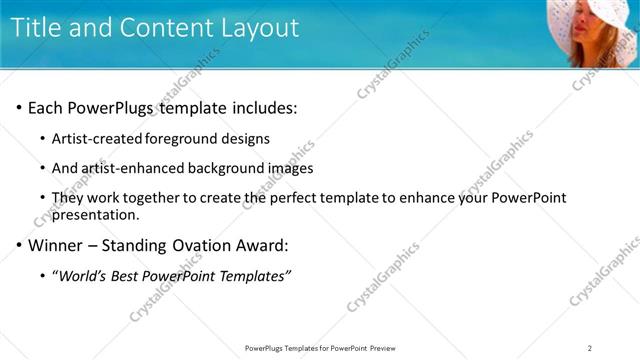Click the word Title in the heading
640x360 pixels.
tap(39, 27)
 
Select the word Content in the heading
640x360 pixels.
tap(163, 27)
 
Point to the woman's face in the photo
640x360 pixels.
tap(588, 39)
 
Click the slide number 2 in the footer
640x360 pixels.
tap(590, 348)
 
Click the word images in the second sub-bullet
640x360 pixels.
tap(291, 169)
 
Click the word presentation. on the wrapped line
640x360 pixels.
tap(95, 214)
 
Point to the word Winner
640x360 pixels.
tap(56, 245)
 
